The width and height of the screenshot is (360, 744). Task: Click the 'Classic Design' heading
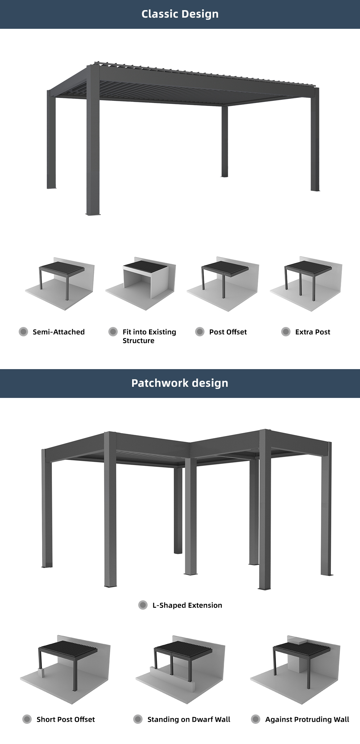tap(180, 14)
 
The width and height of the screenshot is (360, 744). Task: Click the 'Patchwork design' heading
tap(180, 383)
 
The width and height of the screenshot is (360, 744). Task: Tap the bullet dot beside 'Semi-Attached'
tap(23, 332)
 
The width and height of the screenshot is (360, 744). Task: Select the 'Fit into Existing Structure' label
tap(149, 336)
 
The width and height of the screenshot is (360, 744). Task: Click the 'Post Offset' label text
tap(228, 332)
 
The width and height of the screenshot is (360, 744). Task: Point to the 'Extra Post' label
tap(312, 332)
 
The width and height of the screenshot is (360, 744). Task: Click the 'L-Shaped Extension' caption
tap(187, 605)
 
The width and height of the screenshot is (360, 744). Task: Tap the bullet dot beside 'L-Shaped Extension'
tap(143, 605)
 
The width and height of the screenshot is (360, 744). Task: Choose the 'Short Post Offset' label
tap(66, 719)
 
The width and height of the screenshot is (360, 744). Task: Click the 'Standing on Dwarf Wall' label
tap(189, 719)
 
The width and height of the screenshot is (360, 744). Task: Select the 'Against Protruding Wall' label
tap(307, 719)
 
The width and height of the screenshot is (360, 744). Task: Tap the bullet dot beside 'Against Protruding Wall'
tap(256, 719)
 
